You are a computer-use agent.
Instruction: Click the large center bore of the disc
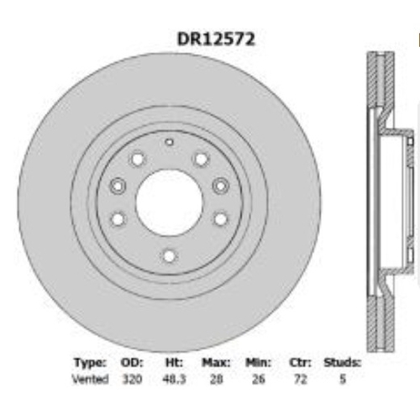[x=168, y=201]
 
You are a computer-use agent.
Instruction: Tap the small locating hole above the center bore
[x=169, y=142]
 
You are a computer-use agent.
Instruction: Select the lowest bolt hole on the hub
[x=169, y=256]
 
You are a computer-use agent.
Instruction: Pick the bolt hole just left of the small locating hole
[x=138, y=158]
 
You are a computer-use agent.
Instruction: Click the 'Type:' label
[x=90, y=363]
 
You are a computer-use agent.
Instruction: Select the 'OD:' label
[x=133, y=363]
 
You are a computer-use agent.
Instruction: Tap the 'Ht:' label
[x=174, y=363]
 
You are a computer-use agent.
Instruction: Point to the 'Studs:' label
[x=342, y=363]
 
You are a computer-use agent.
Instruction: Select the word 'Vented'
[x=90, y=380]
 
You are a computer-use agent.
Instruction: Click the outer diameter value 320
[x=133, y=380]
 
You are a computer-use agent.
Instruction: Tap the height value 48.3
[x=174, y=380]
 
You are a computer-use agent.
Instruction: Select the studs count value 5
[x=342, y=380]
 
